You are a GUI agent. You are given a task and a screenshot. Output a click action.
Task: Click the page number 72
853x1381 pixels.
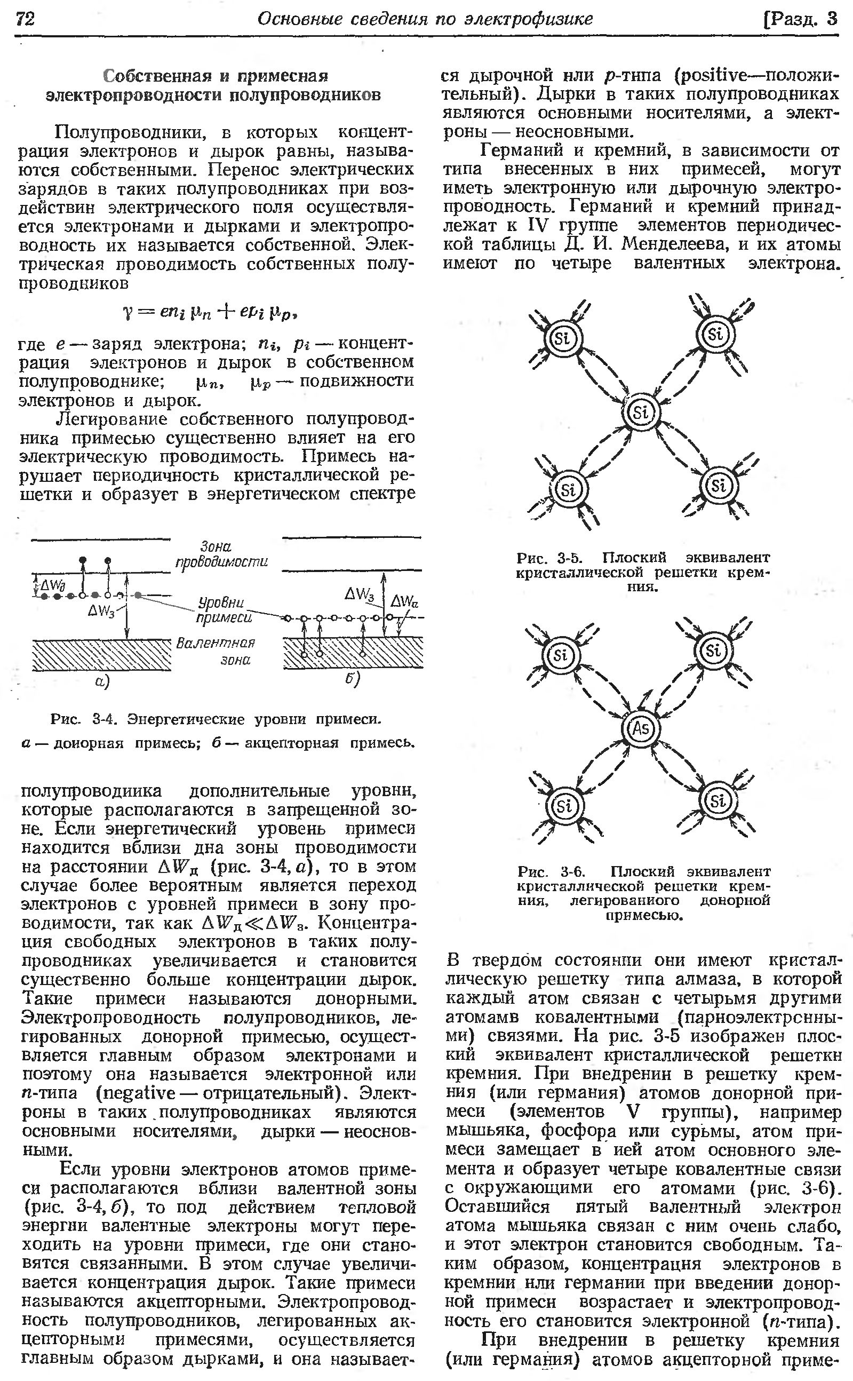coord(26,19)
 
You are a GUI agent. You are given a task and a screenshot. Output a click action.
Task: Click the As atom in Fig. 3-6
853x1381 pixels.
coord(640,728)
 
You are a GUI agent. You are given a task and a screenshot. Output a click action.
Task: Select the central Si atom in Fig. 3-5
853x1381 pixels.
coord(640,413)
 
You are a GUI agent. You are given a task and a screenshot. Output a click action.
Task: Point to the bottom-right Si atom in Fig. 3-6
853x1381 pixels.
coord(718,801)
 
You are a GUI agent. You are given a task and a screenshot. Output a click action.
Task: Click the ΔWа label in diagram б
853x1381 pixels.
coord(404,601)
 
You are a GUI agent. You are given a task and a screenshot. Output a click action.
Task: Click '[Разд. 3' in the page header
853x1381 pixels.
coord(800,19)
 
